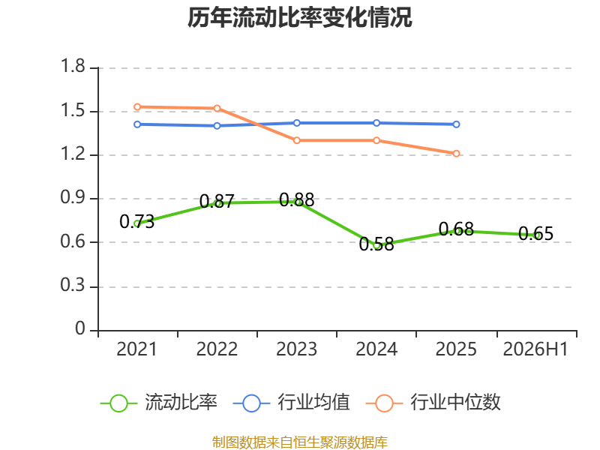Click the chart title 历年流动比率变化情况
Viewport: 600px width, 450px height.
point(299,17)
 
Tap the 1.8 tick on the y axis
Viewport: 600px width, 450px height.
point(73,66)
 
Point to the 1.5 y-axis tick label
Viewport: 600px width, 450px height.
point(73,110)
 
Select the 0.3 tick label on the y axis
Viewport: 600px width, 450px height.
point(73,286)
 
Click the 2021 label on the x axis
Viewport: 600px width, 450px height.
point(136,349)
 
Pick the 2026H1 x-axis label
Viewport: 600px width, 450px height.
point(535,349)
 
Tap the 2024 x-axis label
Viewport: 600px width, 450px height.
point(376,349)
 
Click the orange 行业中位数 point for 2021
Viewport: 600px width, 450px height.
point(137,106)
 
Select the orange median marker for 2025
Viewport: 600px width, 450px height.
point(456,154)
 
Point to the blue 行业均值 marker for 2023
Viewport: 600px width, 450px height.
point(296,123)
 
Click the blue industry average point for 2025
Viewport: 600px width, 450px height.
point(456,124)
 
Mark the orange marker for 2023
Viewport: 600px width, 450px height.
point(296,140)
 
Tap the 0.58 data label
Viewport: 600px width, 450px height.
point(376,244)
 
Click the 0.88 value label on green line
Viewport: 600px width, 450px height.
point(296,199)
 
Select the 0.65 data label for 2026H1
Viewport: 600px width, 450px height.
point(535,233)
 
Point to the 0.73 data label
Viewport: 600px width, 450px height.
point(136,221)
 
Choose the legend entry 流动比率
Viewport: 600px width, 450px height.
point(158,403)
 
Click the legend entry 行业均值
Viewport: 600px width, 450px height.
point(291,403)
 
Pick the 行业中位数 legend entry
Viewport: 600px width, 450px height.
point(433,403)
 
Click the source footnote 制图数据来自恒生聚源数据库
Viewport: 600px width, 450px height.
point(300,442)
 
